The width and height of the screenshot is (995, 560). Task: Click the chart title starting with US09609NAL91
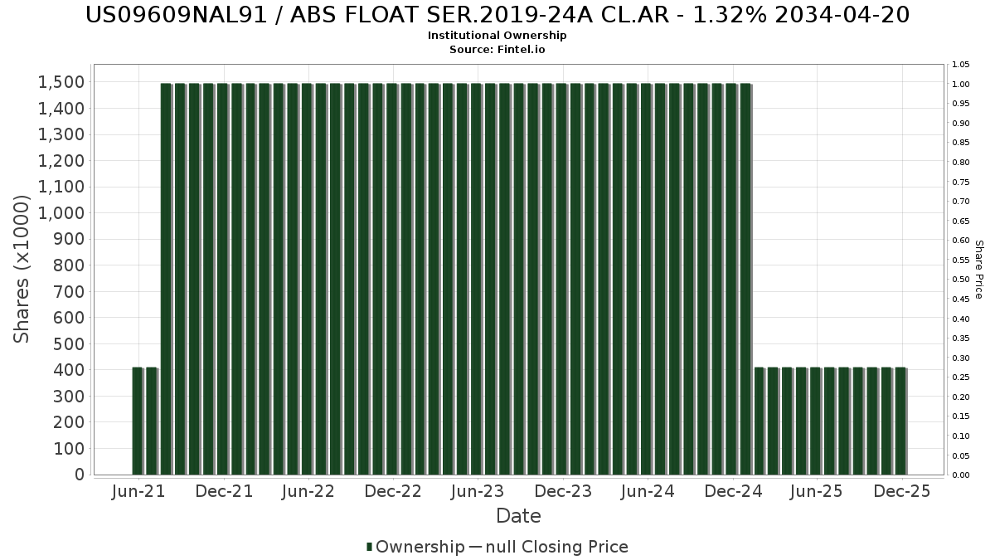[498, 15]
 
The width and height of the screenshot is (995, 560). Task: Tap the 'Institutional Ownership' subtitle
[498, 36]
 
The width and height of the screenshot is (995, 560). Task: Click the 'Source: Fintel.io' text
[498, 50]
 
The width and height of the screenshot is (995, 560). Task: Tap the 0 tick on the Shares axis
[79, 475]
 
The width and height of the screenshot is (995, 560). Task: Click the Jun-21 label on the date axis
[138, 491]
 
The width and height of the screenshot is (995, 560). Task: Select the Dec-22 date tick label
[393, 491]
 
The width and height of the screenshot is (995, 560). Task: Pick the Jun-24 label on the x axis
[648, 491]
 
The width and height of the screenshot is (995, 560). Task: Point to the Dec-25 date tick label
[902, 491]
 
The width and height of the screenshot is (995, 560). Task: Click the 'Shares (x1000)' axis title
[22, 269]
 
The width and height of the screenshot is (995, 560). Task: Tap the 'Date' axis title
[518, 516]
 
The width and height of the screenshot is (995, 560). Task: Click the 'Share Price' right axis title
[978, 269]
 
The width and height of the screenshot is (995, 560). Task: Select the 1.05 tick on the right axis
[961, 65]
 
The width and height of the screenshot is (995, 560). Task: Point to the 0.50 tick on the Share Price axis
[961, 280]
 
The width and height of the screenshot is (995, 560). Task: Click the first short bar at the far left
[138, 421]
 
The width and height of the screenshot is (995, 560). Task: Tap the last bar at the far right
[900, 421]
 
